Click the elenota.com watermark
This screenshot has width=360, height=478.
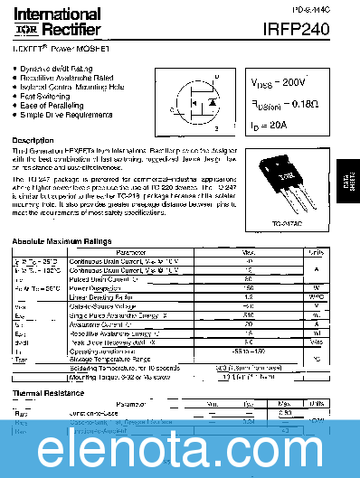(x=180, y=446)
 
